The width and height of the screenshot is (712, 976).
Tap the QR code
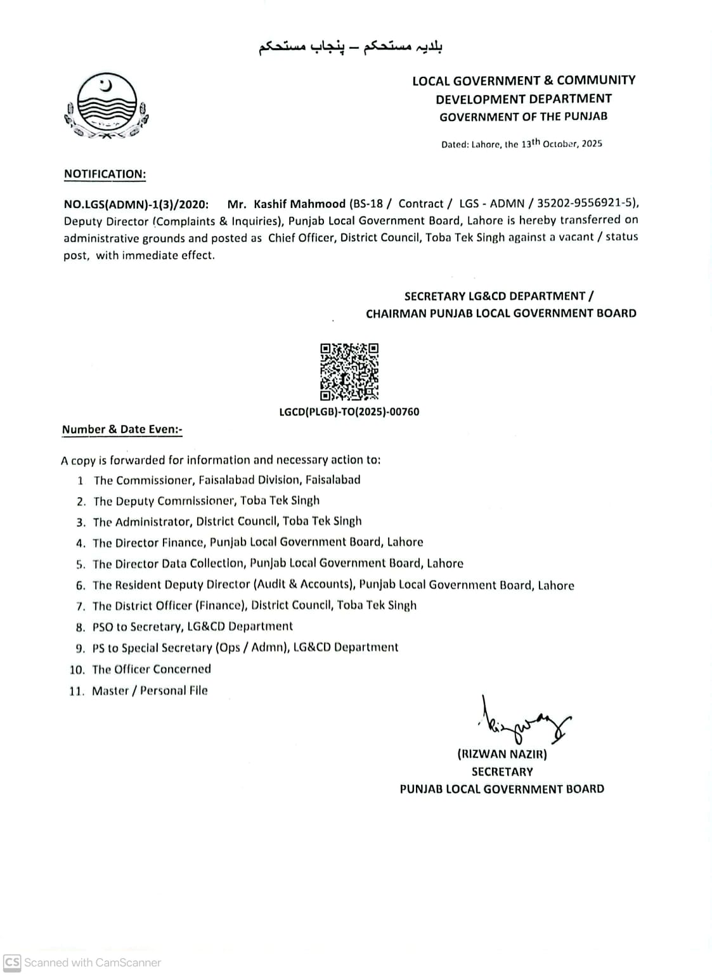[x=349, y=372]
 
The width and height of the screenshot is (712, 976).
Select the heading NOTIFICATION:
[x=105, y=174]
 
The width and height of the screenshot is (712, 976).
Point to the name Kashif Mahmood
[x=299, y=204]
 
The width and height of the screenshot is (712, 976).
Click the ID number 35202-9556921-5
[x=586, y=204]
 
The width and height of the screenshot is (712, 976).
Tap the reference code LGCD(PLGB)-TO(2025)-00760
[x=349, y=412]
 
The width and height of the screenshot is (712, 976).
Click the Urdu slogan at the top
[x=350, y=48]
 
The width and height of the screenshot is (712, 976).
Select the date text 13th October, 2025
[x=562, y=143]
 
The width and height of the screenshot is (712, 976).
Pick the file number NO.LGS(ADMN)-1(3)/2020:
[x=136, y=204]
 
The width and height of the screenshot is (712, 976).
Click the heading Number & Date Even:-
[x=122, y=429]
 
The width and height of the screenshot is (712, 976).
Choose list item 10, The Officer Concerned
[x=152, y=669]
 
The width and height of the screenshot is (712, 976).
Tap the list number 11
[x=76, y=691]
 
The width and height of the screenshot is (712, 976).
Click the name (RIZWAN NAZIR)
[x=502, y=754]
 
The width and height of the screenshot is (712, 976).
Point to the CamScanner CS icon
[x=12, y=962]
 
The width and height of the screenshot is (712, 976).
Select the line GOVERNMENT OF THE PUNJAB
[x=523, y=117]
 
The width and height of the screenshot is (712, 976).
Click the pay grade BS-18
[x=367, y=204]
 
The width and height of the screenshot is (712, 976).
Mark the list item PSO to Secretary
[x=193, y=627]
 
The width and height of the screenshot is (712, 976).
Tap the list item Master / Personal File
[x=150, y=691]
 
